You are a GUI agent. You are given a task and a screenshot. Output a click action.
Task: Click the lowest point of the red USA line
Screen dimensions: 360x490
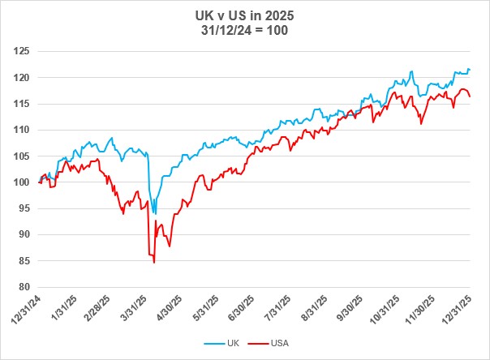[154, 263]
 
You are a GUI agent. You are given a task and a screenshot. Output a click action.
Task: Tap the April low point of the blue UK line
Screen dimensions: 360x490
[155, 213]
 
